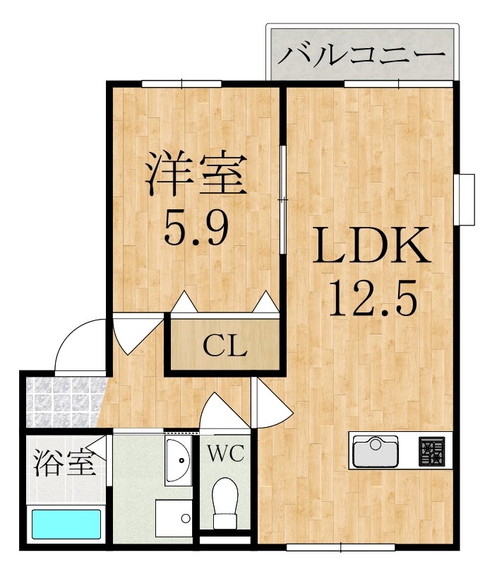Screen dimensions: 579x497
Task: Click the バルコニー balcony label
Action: click(361, 54)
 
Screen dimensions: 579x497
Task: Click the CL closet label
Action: click(224, 346)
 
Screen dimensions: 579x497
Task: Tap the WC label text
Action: click(225, 453)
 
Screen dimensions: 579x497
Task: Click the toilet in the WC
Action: click(225, 502)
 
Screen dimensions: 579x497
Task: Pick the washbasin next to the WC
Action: click(179, 460)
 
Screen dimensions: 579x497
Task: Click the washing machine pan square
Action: click(174, 518)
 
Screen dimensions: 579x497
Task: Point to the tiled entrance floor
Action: click(64, 402)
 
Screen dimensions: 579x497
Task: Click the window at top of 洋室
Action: click(181, 83)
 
